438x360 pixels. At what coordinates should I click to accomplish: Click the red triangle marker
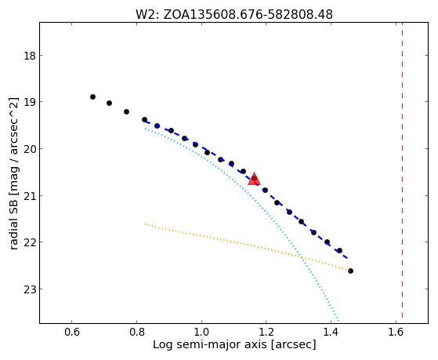click(254, 180)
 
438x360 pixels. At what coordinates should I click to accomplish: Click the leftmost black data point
click(92, 96)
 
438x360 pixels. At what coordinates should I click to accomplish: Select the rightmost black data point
click(350, 271)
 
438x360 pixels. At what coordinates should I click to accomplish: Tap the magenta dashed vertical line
click(402, 170)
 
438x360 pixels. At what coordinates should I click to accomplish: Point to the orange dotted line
click(248, 247)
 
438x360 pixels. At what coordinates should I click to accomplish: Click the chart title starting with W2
click(234, 15)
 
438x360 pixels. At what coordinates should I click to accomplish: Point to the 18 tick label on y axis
click(30, 56)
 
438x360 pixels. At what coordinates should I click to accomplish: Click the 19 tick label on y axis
click(30, 102)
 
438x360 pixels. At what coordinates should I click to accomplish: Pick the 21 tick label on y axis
click(30, 195)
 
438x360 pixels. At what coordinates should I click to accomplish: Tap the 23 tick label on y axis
click(30, 289)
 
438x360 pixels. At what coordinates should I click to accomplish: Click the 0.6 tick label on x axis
click(72, 332)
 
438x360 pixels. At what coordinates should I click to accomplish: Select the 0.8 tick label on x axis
click(136, 332)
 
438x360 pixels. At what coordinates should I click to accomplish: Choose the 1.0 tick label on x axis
click(201, 332)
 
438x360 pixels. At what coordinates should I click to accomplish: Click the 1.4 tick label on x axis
click(331, 332)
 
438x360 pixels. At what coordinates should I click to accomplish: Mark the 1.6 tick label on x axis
click(396, 332)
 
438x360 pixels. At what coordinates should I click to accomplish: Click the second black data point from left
click(109, 104)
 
